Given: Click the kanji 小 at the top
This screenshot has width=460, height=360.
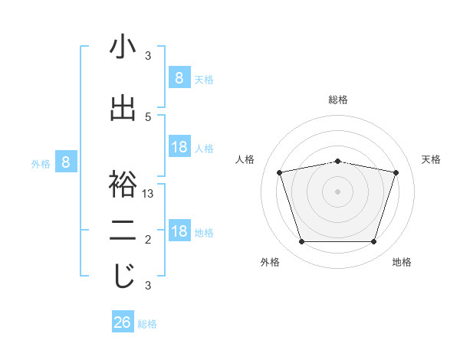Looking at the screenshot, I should coord(123,47).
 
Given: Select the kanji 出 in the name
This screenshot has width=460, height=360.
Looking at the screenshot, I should coord(123,109).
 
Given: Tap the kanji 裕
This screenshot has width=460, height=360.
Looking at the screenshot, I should coord(123,185).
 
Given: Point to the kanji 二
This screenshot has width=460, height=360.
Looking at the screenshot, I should coord(123,231).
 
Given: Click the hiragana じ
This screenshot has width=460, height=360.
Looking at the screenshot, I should coord(123,277).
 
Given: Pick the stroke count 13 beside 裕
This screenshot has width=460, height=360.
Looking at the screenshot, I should coord(148,194).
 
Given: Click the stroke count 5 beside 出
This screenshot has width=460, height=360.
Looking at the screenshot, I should coord(148,116).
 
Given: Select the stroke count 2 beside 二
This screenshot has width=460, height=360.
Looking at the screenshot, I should coord(148,240).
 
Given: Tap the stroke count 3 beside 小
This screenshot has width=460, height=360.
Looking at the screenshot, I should coord(148,55).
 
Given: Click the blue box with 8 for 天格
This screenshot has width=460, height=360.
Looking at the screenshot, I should coord(179,77).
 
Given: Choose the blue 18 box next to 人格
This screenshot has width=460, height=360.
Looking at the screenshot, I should coord(179,147).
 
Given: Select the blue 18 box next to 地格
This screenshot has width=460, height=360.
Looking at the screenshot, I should coord(179,231).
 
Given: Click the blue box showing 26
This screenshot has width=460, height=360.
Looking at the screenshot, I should coord(122,322).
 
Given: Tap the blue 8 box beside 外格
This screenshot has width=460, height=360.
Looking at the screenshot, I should coord(66,162).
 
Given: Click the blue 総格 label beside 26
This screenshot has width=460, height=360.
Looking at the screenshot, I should coord(147,324).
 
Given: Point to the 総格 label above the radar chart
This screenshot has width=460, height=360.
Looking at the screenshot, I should coord(337,100).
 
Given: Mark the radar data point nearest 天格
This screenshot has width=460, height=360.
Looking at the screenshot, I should coord(396,172).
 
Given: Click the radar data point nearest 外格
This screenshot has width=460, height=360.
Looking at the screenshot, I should coord(301,242).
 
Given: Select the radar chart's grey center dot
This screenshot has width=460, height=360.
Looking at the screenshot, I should coord(337,191).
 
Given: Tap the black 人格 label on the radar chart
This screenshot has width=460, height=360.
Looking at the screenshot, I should coord(245,159).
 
